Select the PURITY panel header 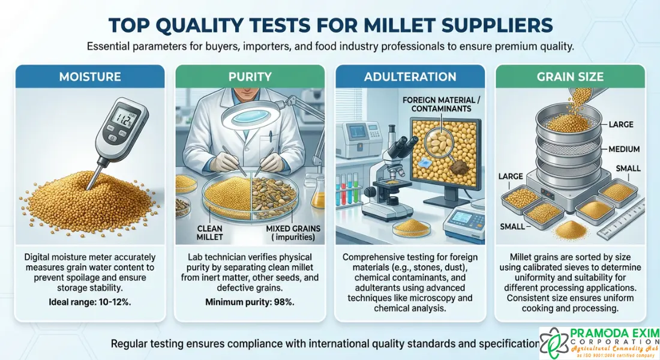pos(250,77)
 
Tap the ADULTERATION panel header pos(410,77)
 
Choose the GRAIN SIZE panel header pos(570,77)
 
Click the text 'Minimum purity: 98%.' pos(250,302)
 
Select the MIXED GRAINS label pos(292,232)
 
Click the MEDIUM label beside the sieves pos(623,149)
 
